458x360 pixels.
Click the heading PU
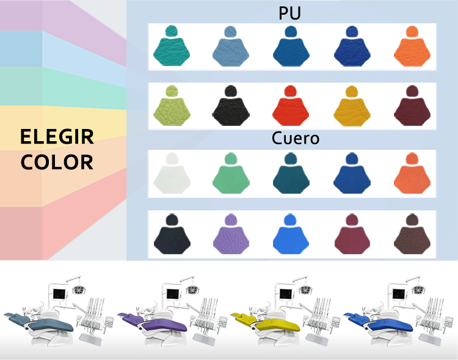tap(289, 13)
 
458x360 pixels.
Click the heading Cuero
tap(296, 138)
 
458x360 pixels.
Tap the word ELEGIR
tap(57, 137)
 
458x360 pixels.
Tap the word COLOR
tap(57, 163)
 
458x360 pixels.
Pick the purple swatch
tap(231, 236)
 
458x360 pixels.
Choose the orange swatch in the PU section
tap(411, 48)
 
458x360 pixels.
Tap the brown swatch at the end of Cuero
tap(411, 236)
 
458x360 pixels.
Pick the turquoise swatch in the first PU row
tap(171, 48)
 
